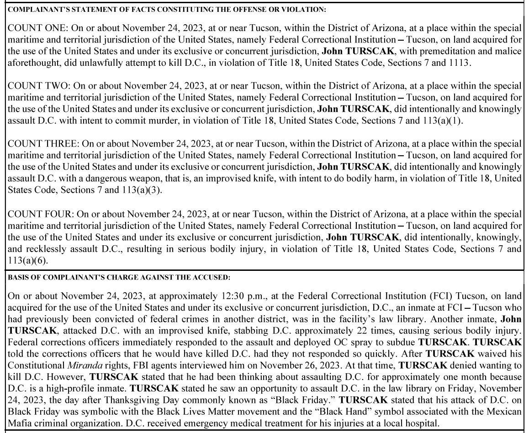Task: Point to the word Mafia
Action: [x=21, y=423]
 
